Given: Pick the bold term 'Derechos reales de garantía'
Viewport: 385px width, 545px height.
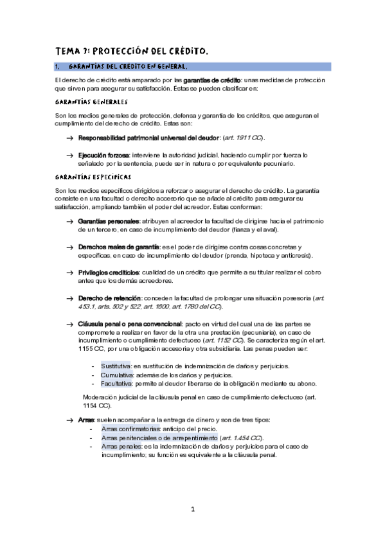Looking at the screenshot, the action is [119, 247].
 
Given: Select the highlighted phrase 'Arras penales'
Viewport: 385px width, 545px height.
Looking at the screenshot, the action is [121, 446].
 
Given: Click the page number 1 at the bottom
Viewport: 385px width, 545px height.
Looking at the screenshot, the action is [192, 510].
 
